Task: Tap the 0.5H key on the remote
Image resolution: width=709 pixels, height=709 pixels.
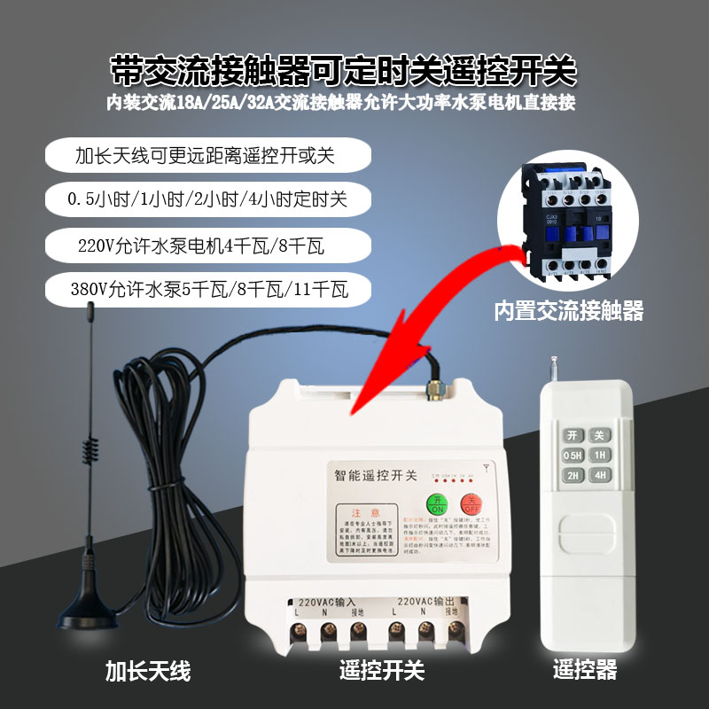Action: click(573, 456)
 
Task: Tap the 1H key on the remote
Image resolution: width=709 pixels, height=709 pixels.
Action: click(601, 456)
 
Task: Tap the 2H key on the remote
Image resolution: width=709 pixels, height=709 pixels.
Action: click(573, 476)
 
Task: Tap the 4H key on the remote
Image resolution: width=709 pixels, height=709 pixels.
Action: click(601, 476)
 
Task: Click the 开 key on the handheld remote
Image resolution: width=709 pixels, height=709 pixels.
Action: click(573, 435)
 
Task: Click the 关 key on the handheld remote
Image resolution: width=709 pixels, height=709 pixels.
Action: click(601, 435)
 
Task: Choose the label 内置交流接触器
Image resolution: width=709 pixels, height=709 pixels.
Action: click(568, 310)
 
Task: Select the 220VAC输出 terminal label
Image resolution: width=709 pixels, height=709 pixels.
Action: click(427, 600)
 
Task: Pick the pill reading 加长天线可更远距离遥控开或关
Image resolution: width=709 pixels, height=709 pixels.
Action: click(205, 156)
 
